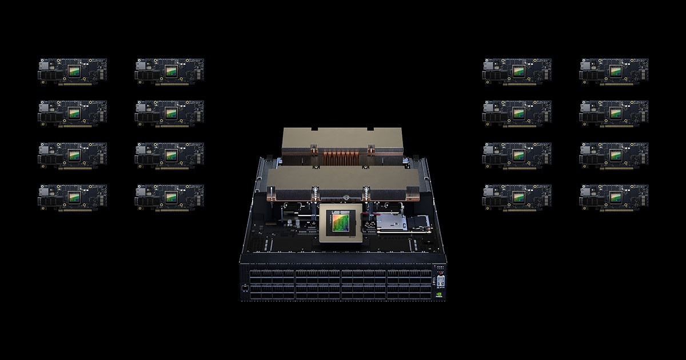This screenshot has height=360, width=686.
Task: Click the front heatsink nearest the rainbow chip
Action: coord(341,182)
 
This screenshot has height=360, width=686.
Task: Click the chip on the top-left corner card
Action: coord(74,70)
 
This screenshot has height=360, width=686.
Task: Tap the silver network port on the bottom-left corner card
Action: coord(45,197)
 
